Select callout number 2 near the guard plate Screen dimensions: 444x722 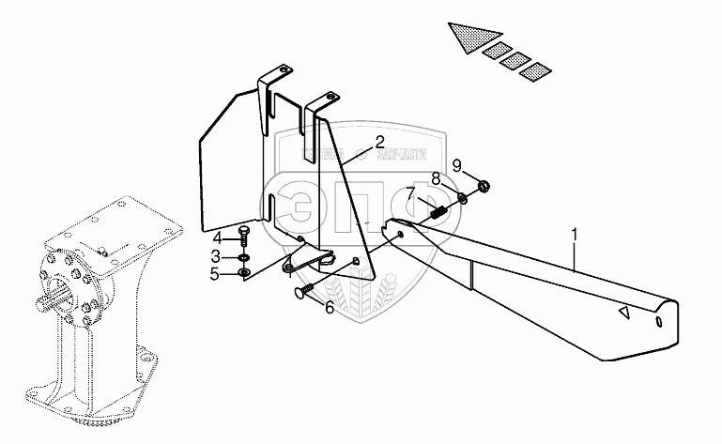[x=378, y=143]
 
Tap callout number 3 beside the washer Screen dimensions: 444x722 [x=215, y=255]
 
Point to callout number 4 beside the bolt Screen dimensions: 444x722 [x=215, y=237]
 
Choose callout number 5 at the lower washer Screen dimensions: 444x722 [x=215, y=274]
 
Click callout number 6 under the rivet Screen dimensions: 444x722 [x=329, y=307]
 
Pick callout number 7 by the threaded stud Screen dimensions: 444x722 [x=409, y=195]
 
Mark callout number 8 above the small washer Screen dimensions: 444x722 [x=436, y=178]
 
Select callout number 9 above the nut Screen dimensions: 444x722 [x=457, y=166]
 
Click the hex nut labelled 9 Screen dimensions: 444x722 [x=483, y=185]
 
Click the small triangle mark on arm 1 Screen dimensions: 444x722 [x=622, y=314]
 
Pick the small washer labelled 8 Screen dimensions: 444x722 [x=463, y=197]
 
